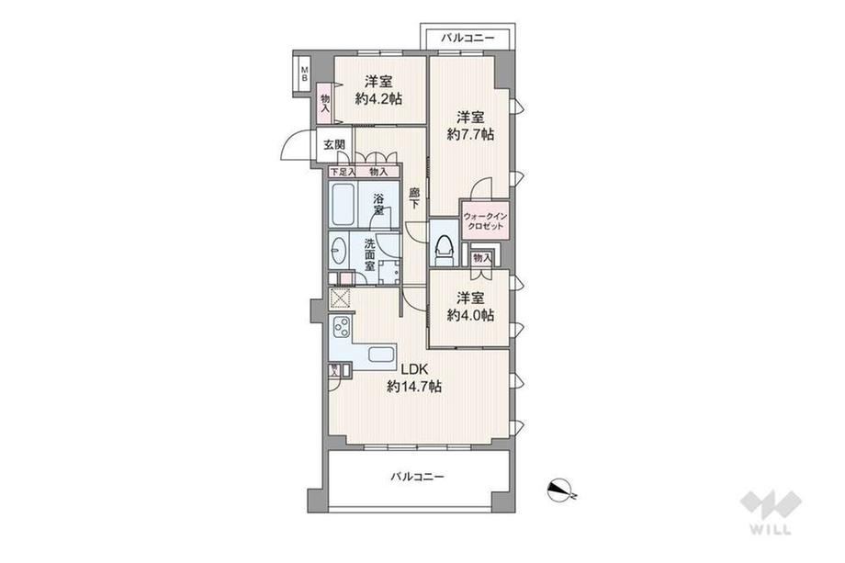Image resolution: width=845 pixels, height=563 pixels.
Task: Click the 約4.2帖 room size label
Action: coord(377,99)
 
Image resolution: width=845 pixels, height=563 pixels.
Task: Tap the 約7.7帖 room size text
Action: coord(470,134)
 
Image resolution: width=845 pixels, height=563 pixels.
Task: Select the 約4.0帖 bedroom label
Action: coord(470,315)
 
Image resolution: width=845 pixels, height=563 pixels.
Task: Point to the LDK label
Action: coord(414,369)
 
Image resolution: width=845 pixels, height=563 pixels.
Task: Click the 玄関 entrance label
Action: coord(334,145)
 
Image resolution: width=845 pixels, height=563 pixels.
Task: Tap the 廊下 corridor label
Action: coord(414,197)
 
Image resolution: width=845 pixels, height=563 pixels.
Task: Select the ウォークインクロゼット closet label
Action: coord(485,221)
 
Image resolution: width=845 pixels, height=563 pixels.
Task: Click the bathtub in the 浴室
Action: coord(343,205)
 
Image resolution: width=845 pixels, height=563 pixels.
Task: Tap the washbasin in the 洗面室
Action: coord(338,251)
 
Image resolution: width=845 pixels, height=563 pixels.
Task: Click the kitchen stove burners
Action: coord(342,326)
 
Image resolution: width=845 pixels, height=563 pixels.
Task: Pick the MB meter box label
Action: coord(305,73)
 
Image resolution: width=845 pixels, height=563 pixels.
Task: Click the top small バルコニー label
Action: coord(468,39)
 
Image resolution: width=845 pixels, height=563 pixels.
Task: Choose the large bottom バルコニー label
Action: coord(418,477)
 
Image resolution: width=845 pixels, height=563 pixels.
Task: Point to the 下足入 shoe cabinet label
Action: coord(343,172)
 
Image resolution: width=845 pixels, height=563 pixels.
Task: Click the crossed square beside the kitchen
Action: coord(340,298)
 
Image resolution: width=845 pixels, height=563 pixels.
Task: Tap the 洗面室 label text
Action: coord(369,254)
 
